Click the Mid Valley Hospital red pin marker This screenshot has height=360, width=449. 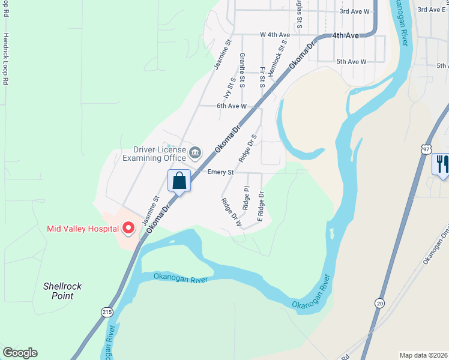(x=128, y=227)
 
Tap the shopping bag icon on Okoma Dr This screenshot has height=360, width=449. (x=179, y=179)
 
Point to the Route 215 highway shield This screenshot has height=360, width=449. (x=107, y=311)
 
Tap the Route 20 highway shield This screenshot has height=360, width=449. (x=380, y=305)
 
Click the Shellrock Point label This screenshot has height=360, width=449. (x=62, y=291)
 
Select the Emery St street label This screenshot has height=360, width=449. (x=220, y=172)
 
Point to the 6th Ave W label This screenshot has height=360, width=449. (x=232, y=106)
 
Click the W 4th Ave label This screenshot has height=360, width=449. (x=275, y=35)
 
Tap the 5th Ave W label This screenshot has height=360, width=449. (x=351, y=62)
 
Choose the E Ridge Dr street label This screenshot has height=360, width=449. (x=261, y=206)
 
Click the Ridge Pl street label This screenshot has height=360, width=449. (x=246, y=197)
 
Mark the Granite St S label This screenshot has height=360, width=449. (x=242, y=70)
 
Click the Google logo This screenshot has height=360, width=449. (x=20, y=353)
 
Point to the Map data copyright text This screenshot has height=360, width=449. (x=423, y=355)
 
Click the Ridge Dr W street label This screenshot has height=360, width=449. (x=231, y=212)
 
